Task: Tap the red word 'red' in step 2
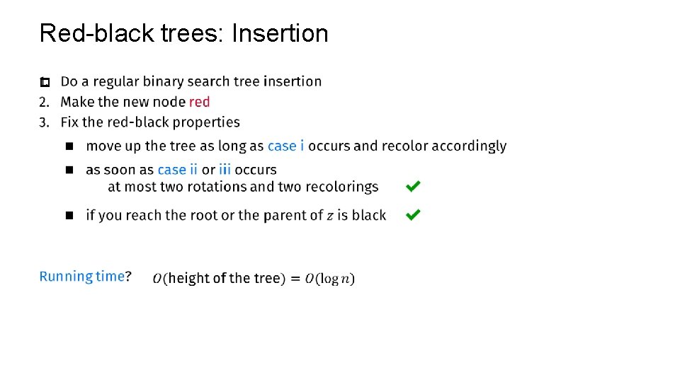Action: pos(200,102)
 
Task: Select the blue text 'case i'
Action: pos(286,146)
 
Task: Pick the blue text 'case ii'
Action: pos(177,170)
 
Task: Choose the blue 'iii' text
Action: pos(225,170)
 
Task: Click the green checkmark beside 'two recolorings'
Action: pos(413,187)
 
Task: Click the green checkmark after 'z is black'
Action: pos(413,214)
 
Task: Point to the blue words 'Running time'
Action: pos(81,277)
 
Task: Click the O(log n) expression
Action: pos(330,279)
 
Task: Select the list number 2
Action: pos(44,102)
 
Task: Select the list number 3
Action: pos(44,122)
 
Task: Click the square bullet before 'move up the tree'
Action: pos(69,146)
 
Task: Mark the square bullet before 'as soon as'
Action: pos(69,170)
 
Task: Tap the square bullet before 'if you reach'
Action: pos(69,215)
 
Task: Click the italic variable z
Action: pos(330,216)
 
